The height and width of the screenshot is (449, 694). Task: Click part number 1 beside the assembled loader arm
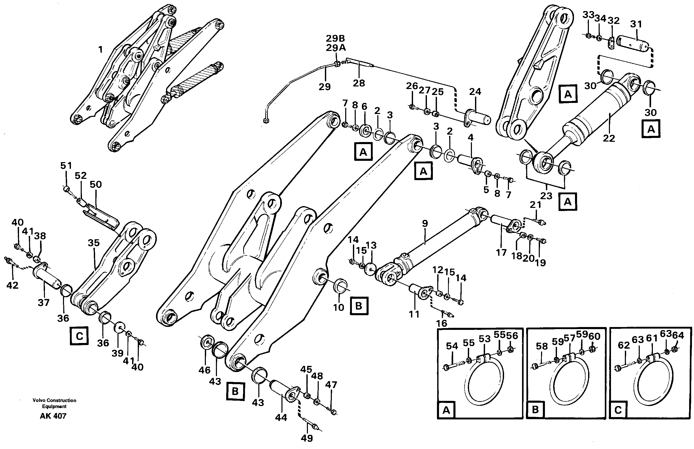[x=101, y=50]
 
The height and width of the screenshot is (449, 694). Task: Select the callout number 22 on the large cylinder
[x=608, y=138]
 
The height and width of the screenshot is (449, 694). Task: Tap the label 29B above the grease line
[x=335, y=39]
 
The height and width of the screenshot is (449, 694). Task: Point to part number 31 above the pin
[x=636, y=24]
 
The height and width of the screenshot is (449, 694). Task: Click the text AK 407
[x=53, y=416]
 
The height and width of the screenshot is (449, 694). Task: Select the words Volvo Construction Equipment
[x=54, y=403]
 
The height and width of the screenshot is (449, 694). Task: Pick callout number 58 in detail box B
[x=542, y=346]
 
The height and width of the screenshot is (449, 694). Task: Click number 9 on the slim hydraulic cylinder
[x=425, y=224]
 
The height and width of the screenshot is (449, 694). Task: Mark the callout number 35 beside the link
[x=94, y=243]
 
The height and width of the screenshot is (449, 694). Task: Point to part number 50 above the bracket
[x=96, y=184]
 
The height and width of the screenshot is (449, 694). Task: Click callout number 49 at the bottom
[x=307, y=438]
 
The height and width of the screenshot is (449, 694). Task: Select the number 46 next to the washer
[x=204, y=370]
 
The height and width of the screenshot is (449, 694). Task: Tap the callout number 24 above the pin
[x=475, y=92]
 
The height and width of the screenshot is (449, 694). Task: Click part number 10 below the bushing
[x=339, y=307]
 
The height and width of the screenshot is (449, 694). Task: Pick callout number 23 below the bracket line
[x=546, y=196]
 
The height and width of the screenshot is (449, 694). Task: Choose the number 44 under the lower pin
[x=281, y=418]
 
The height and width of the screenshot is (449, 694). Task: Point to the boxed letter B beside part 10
[x=359, y=306]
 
